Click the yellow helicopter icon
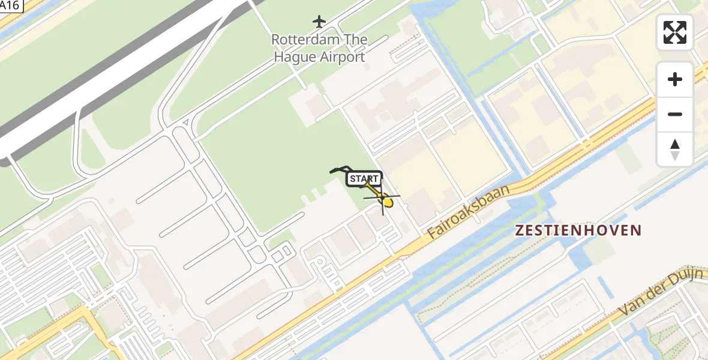pyautogui.click(x=385, y=199)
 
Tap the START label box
pyautogui.click(x=364, y=178)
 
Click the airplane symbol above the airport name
pyautogui.click(x=319, y=22)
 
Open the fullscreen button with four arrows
pyautogui.click(x=675, y=32)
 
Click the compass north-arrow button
pyautogui.click(x=675, y=149)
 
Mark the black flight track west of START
pyautogui.click(x=339, y=169)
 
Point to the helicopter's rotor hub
pyautogui.click(x=382, y=197)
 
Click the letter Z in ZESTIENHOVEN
pyautogui.click(x=520, y=230)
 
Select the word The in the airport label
pyautogui.click(x=357, y=40)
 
